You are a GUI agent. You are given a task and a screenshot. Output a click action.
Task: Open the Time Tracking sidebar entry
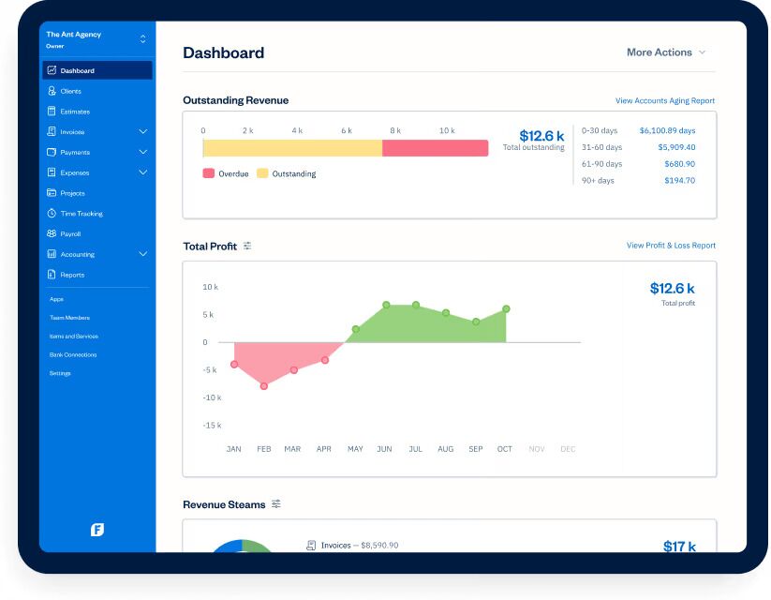(82, 214)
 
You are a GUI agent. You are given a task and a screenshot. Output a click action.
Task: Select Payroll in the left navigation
(71, 234)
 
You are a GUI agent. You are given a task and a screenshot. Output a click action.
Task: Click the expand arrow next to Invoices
(143, 132)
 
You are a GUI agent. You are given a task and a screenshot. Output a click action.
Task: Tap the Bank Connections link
(73, 355)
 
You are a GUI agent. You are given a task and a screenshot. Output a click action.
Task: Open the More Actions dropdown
(665, 52)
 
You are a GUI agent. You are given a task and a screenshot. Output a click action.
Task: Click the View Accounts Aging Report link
(664, 100)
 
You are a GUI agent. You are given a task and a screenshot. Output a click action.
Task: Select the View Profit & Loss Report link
(670, 246)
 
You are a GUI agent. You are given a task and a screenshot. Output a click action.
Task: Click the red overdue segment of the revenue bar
(435, 148)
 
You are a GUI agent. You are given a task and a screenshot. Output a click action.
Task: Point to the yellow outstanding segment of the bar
(292, 148)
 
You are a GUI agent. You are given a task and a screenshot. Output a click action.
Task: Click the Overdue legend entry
(227, 173)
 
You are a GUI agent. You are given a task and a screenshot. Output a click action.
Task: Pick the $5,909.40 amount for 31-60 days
(676, 147)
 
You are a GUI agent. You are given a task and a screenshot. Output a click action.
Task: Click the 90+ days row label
(598, 180)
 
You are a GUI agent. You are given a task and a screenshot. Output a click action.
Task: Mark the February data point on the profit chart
(264, 385)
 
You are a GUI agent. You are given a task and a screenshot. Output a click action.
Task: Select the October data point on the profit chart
(506, 308)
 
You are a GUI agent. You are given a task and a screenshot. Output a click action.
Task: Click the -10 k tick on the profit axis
(212, 397)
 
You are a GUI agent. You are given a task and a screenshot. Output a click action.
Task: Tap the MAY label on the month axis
(355, 449)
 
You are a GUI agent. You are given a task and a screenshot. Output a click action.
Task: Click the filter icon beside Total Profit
(247, 246)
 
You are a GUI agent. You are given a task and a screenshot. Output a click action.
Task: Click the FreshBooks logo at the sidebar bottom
(97, 530)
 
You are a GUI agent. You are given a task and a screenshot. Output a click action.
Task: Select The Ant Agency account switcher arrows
(142, 38)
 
